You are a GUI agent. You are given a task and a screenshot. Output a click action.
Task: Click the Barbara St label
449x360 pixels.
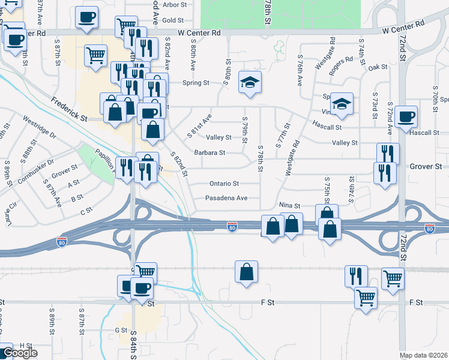(209, 153)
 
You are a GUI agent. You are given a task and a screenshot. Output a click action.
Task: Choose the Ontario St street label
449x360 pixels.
(224, 184)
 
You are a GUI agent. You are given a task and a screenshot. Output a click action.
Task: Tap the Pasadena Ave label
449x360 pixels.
(226, 198)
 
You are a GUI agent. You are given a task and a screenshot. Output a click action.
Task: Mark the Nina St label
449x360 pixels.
(289, 206)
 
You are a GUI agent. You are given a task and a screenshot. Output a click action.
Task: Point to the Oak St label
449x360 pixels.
(378, 67)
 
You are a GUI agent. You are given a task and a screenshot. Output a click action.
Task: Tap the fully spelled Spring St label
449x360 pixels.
(196, 83)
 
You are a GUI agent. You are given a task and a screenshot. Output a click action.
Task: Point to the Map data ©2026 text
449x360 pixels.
(424, 355)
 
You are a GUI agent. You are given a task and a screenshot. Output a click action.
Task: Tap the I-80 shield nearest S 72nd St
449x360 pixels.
(429, 229)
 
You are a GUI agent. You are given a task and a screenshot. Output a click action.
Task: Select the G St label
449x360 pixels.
(121, 330)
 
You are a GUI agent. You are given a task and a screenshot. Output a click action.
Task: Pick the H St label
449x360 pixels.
(25, 345)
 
